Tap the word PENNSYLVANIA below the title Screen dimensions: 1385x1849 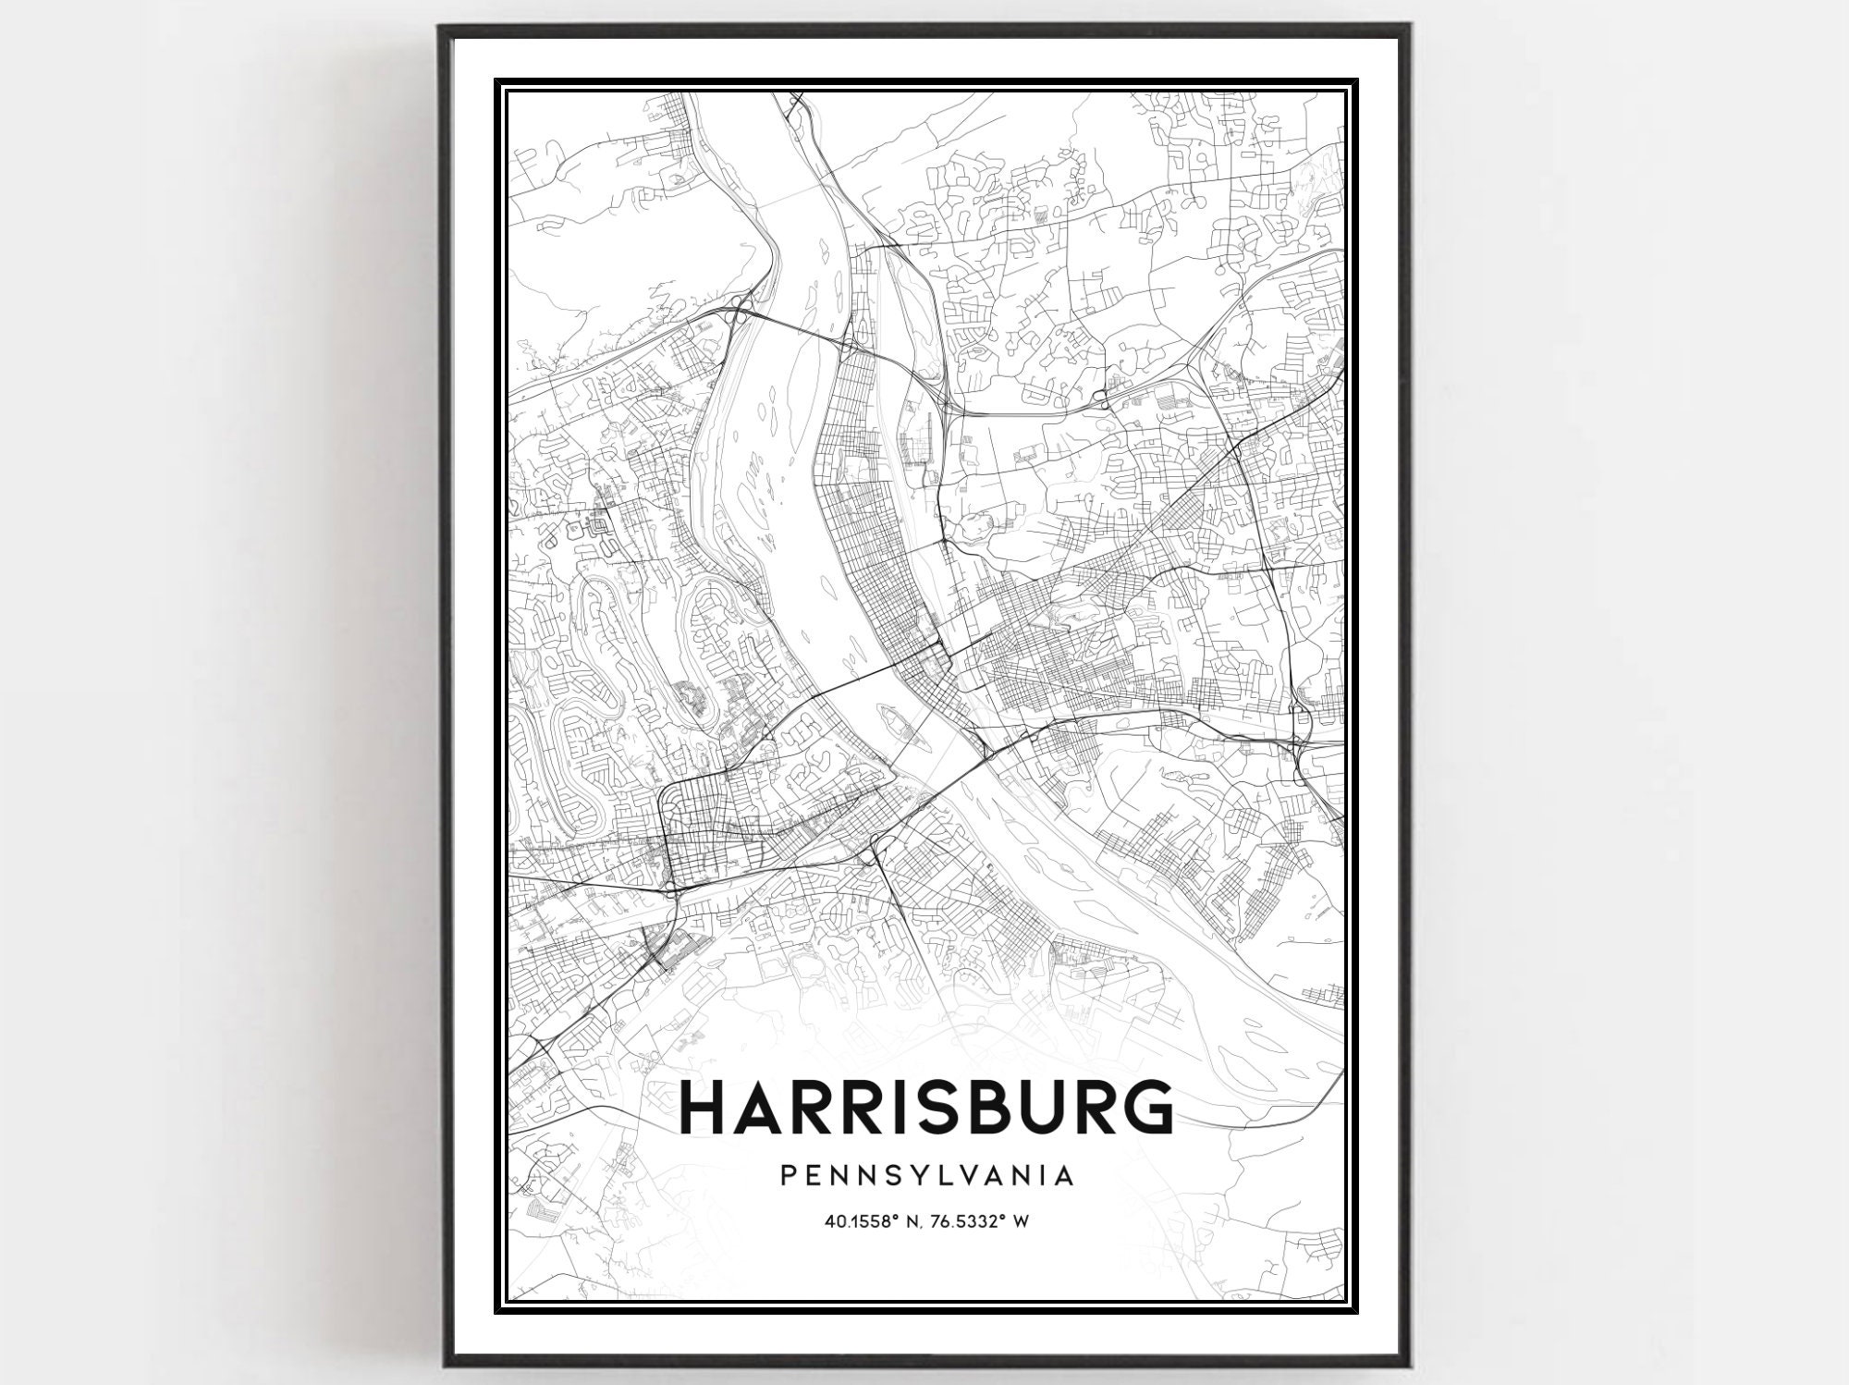pyautogui.click(x=926, y=1175)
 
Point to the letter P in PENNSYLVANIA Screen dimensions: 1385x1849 pyautogui.click(x=788, y=1175)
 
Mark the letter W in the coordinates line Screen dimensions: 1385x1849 pyautogui.click(x=1022, y=1221)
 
